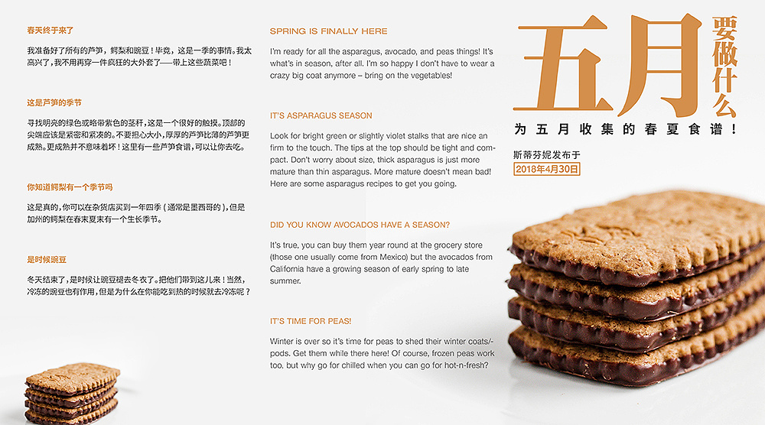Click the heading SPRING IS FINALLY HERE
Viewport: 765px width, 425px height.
click(x=328, y=31)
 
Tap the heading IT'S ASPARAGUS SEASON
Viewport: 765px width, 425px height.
click(x=321, y=115)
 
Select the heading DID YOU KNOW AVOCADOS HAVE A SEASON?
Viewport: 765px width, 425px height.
click(x=360, y=225)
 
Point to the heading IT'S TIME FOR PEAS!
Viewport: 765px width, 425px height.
click(x=311, y=321)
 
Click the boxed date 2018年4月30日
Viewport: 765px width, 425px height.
click(x=547, y=169)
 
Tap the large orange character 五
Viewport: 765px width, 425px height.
click(x=563, y=63)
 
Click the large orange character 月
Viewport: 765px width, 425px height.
click(x=659, y=64)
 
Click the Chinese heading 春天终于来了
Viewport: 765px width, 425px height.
click(x=50, y=31)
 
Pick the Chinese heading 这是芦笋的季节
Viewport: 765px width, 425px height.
click(x=54, y=102)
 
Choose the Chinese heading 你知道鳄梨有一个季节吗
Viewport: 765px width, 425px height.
click(x=70, y=187)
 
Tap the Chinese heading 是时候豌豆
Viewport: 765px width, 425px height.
click(x=47, y=260)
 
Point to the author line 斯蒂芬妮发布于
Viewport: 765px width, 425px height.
click(x=546, y=155)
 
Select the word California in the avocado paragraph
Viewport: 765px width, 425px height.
click(x=288, y=269)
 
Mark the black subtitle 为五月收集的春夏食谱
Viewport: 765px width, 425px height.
click(x=625, y=129)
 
